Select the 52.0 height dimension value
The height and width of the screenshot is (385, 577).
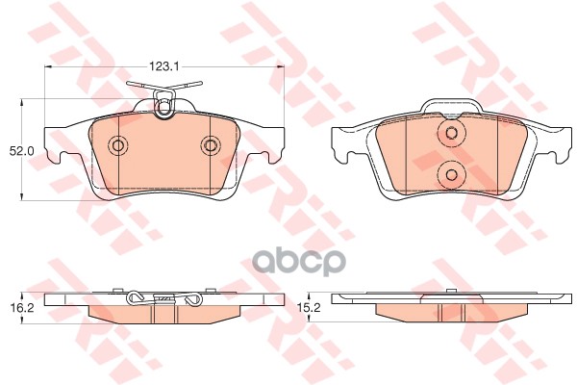coord(22,151)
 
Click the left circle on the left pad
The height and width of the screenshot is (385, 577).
coord(119,145)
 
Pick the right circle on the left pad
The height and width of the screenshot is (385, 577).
coord(210,145)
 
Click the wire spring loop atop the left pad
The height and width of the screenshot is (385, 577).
coord(164,102)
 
